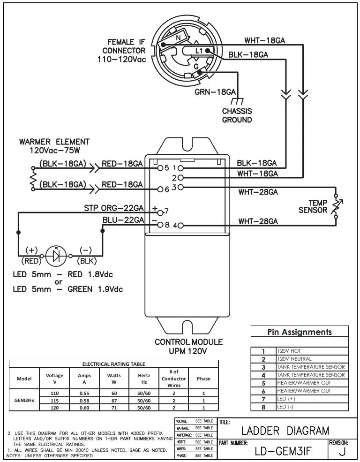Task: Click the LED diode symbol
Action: tap(57, 256)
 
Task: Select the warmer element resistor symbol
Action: tap(33, 179)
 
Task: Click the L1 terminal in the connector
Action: tap(199, 50)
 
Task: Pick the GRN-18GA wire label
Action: tap(215, 92)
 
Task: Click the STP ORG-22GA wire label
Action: tap(113, 207)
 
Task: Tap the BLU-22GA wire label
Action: tap(123, 220)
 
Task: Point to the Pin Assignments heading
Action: tap(300, 332)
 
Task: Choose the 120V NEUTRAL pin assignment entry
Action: tap(294, 359)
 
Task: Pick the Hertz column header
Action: tap(143, 379)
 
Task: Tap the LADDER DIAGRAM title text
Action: tap(285, 430)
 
